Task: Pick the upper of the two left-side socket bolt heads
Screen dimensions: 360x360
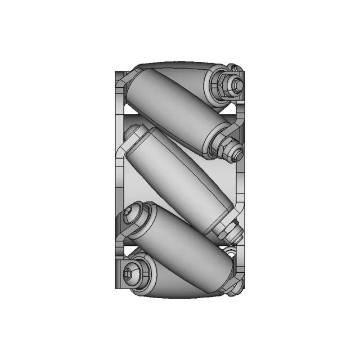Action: tap(133, 215)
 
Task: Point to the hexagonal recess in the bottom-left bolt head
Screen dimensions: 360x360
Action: tap(130, 274)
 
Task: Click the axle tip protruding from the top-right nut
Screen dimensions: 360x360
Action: tap(238, 85)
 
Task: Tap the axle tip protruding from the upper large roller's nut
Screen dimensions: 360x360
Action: tap(237, 151)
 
